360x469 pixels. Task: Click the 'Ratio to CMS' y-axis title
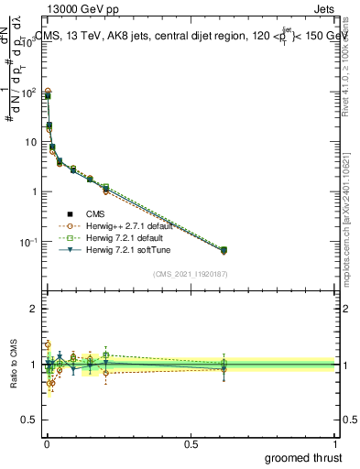(x=13, y=365)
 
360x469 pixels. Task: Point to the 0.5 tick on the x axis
(x=191, y=442)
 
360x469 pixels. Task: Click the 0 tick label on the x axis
(x=47, y=442)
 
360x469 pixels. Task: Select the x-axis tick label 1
(x=334, y=442)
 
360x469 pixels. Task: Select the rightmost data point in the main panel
(x=224, y=250)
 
